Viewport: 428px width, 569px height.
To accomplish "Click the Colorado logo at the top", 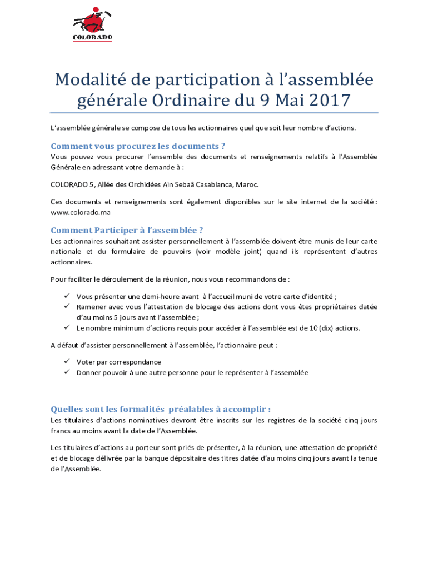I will (x=93, y=24).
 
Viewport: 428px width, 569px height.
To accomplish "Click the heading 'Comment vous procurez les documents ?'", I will (x=137, y=146).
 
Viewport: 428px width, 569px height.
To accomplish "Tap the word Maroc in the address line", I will (x=247, y=184).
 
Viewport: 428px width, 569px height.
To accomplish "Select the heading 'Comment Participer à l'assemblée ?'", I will (x=131, y=230).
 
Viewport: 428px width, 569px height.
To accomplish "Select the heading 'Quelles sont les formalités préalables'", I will (x=161, y=410).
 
